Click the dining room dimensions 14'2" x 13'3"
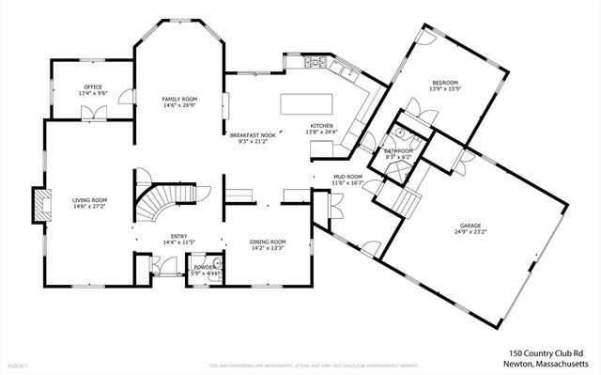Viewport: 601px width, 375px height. coord(267,248)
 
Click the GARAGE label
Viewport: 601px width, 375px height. coord(470,227)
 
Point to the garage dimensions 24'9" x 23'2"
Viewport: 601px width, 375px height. coord(470,233)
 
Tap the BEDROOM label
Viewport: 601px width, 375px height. coord(444,84)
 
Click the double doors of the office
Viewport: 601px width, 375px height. coord(95,113)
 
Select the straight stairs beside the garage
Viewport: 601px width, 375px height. coord(408,200)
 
